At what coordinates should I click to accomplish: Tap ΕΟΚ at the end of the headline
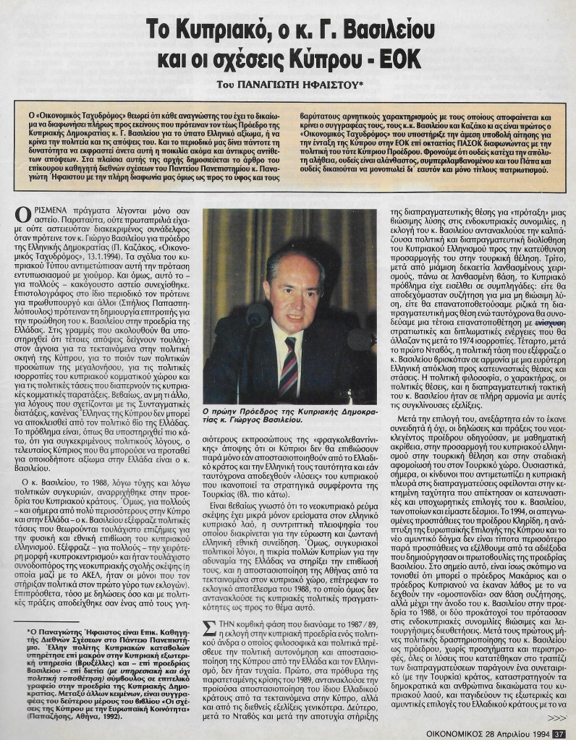400,63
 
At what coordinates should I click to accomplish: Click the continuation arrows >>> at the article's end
557,718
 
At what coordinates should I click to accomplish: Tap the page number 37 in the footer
559,732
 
